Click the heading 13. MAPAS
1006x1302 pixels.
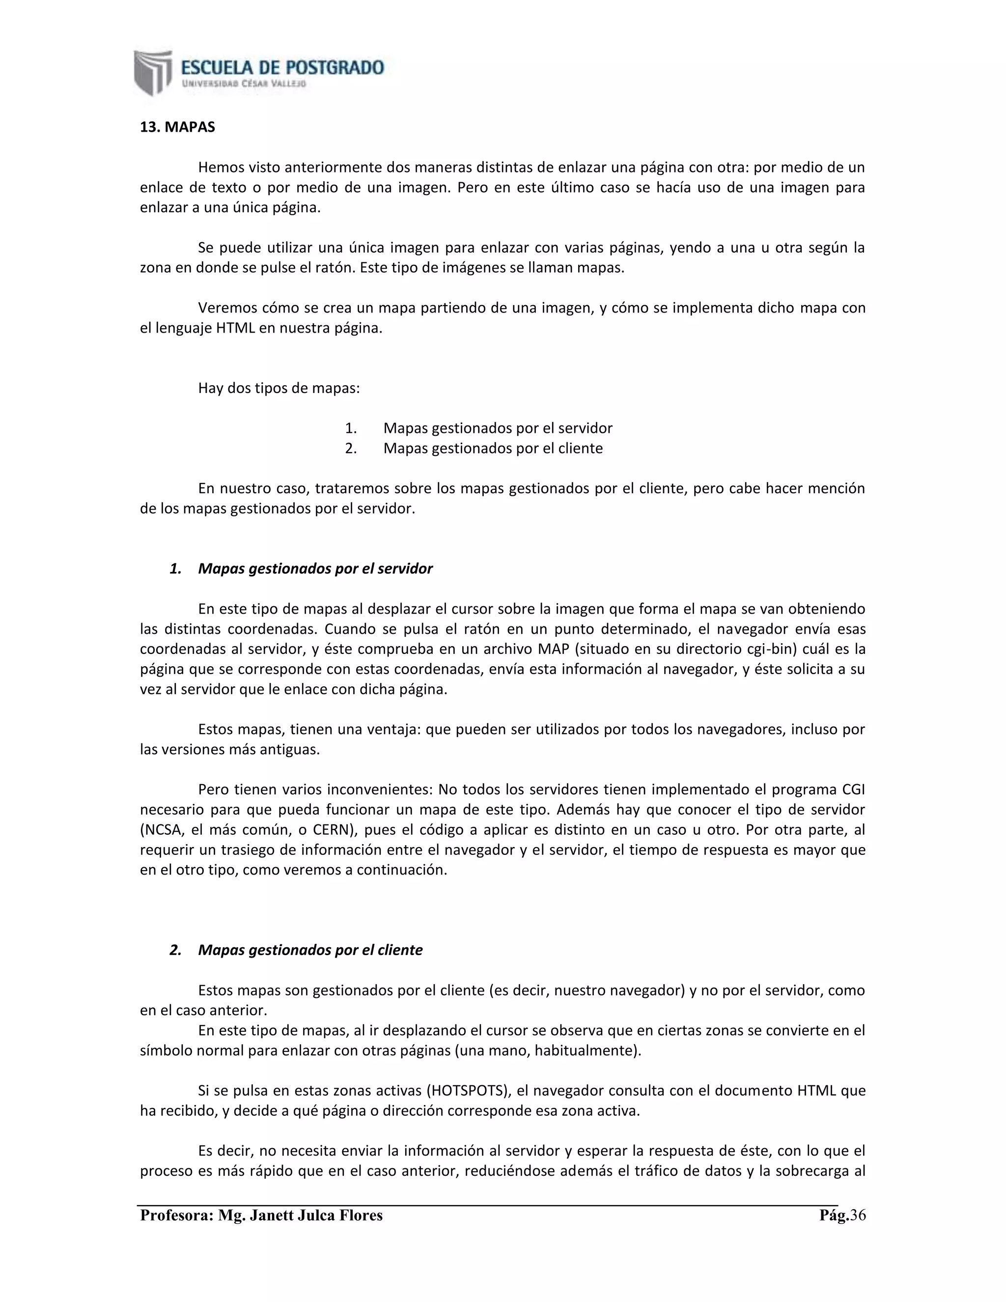(x=177, y=127)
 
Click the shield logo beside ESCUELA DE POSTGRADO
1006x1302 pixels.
(x=153, y=72)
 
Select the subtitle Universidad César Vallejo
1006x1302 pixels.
(x=244, y=84)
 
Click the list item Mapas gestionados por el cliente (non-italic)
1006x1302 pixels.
(x=492, y=448)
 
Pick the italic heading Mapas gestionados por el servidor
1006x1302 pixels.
(x=315, y=569)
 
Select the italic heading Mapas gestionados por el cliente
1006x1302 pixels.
(x=310, y=950)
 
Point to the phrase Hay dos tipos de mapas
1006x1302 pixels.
(x=279, y=389)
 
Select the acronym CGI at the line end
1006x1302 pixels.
(x=853, y=790)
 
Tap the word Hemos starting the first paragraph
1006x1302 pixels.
(x=221, y=168)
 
